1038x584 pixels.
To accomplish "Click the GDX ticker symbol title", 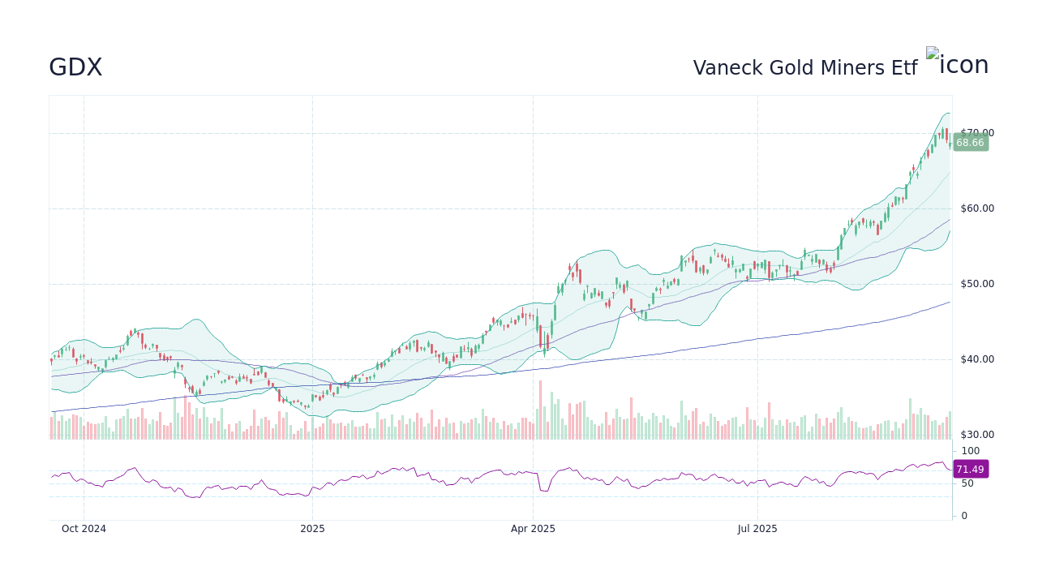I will pyautogui.click(x=75, y=67).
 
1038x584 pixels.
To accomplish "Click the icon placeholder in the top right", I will pyautogui.click(x=957, y=64).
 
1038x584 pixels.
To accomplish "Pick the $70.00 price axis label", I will pyautogui.click(x=977, y=133).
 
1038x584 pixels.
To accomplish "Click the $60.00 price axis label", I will pyautogui.click(x=977, y=208).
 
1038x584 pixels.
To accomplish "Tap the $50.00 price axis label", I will pyautogui.click(x=977, y=284).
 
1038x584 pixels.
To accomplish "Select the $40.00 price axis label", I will pyautogui.click(x=977, y=359).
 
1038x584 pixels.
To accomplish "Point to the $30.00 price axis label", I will pyautogui.click(x=977, y=435).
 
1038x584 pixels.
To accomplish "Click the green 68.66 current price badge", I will pyautogui.click(x=970, y=143).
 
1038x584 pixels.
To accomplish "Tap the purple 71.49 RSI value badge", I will pyautogui.click(x=970, y=470).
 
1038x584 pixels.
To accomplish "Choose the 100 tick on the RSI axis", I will pyautogui.click(x=971, y=451).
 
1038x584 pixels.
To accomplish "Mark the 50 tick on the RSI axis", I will pyautogui.click(x=967, y=483).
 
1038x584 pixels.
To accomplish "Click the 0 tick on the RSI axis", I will pyautogui.click(x=964, y=516).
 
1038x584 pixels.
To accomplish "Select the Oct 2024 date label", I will pyautogui.click(x=84, y=529).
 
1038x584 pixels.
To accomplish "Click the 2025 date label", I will pyautogui.click(x=312, y=529).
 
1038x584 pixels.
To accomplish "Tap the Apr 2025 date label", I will pyautogui.click(x=533, y=529).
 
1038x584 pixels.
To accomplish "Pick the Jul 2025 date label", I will pyautogui.click(x=757, y=529).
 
